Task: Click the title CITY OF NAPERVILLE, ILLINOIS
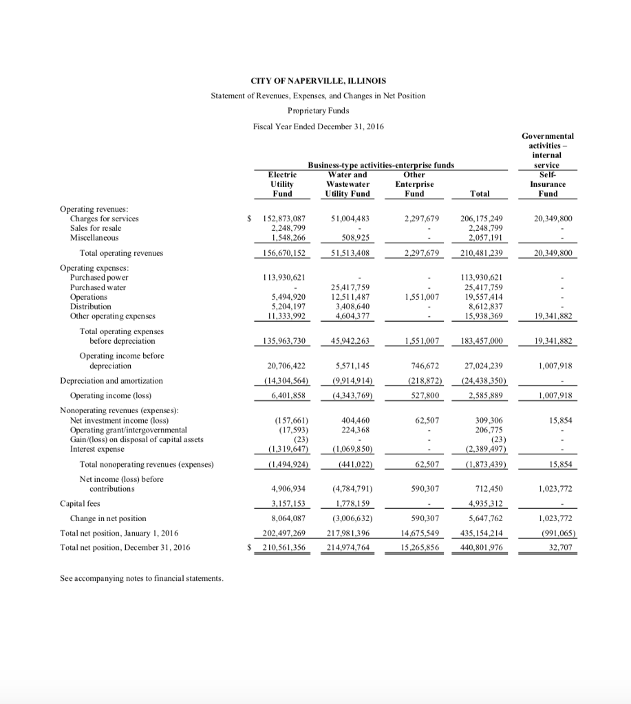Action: click(317, 80)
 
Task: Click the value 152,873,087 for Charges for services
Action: click(284, 219)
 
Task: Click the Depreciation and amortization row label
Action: click(111, 380)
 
